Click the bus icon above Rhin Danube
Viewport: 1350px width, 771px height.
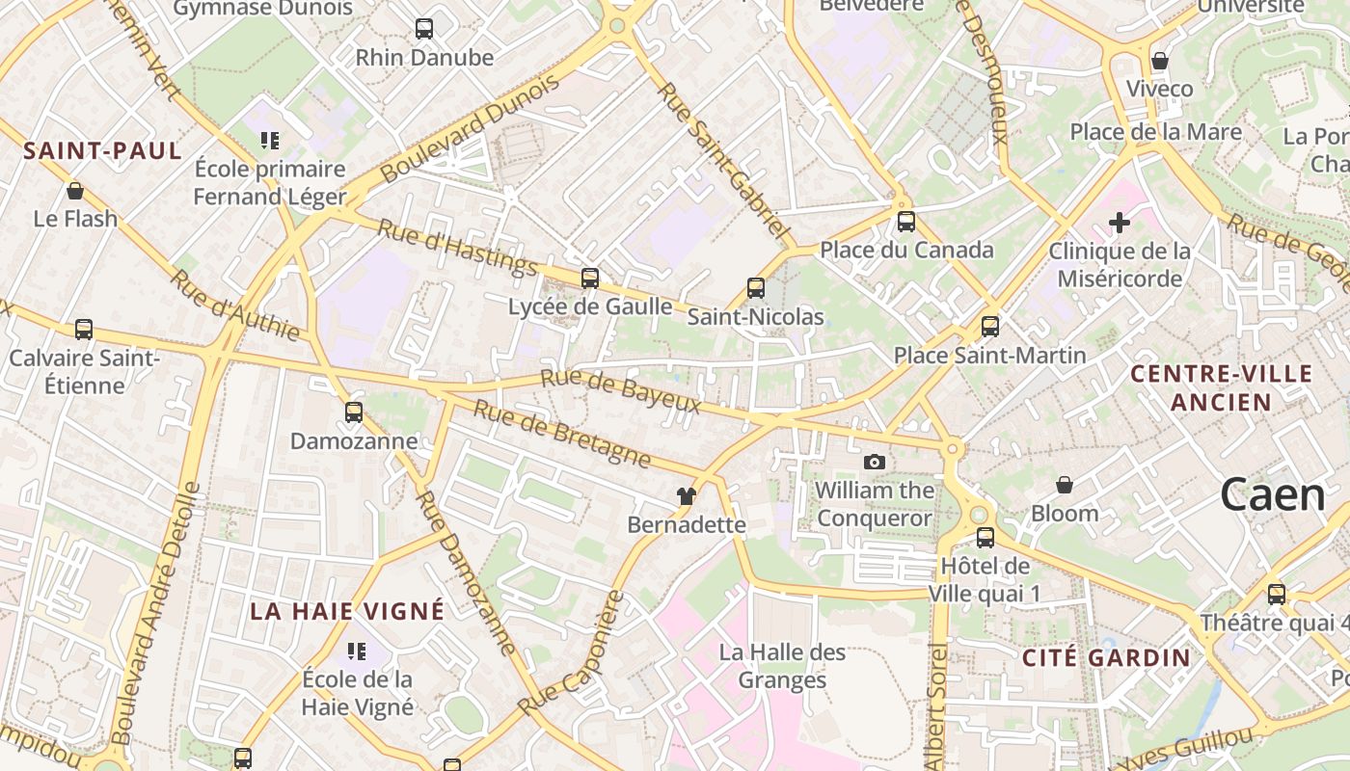[x=424, y=29]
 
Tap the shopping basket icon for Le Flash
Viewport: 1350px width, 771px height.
[x=75, y=191]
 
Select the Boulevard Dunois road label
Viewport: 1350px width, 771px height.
[x=470, y=129]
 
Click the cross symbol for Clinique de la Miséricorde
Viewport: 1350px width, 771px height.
[x=1120, y=224]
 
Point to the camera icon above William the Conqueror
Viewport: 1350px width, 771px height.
[x=875, y=463]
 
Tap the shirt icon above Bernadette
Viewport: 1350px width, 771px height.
[x=686, y=496]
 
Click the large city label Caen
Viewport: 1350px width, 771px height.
[x=1273, y=495]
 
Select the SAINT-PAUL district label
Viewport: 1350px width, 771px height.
[x=102, y=150]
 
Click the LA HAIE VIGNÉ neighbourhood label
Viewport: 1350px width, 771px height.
[x=347, y=611]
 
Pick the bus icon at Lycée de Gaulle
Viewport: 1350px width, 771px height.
[x=590, y=279]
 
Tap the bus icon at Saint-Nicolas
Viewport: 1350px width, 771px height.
[x=756, y=288]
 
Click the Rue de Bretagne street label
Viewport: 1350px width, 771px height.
[x=562, y=434]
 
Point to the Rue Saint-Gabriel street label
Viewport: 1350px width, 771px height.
[x=723, y=162]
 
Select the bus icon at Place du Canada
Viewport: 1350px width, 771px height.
[x=906, y=222]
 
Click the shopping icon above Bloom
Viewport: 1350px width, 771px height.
[x=1065, y=485]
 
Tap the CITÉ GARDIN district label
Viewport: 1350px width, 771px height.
[x=1106, y=658]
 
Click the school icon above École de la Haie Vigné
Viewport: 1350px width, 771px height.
[x=358, y=651]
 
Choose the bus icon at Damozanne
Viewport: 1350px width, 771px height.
[x=354, y=412]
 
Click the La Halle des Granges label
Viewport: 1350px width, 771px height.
[x=782, y=666]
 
